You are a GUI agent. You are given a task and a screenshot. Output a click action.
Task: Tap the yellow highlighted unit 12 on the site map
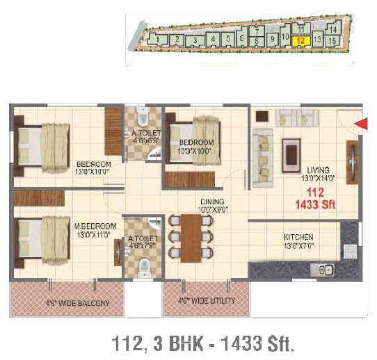300,41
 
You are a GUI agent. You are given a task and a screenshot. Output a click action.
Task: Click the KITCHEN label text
298,237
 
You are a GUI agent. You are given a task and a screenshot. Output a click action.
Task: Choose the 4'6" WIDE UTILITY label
206,301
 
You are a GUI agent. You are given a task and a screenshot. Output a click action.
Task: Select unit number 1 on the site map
161,40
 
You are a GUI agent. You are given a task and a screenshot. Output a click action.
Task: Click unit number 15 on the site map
332,41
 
